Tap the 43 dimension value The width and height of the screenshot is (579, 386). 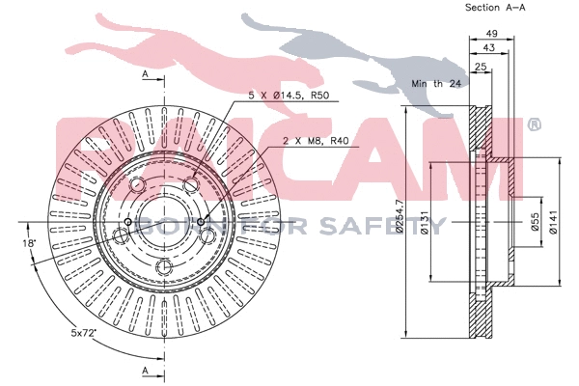click(x=489, y=47)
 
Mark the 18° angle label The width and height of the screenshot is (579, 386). click(x=31, y=244)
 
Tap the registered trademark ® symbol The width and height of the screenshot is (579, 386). click(x=534, y=125)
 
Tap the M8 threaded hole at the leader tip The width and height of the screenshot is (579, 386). click(x=201, y=222)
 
